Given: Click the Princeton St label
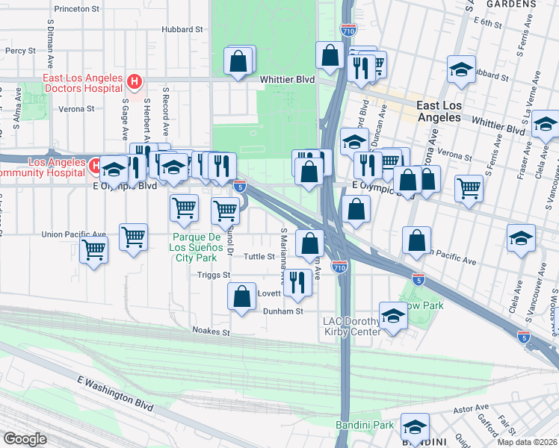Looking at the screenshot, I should click(x=77, y=10).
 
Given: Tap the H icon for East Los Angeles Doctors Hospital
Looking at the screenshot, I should click(x=135, y=81).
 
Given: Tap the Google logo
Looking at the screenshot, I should click(x=24, y=439).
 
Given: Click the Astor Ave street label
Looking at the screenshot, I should click(x=470, y=410).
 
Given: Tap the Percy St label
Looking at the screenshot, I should click(x=16, y=51).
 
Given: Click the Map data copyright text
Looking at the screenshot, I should click(x=528, y=441).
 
